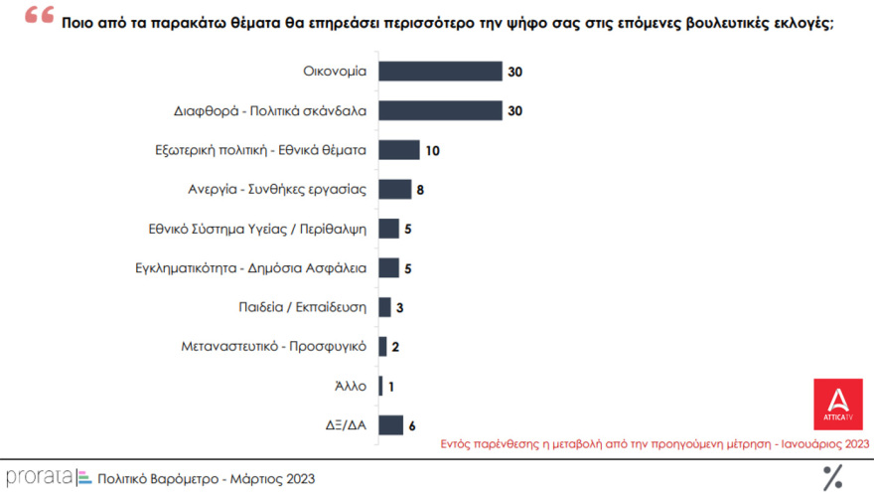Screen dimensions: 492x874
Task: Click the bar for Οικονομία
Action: click(440, 72)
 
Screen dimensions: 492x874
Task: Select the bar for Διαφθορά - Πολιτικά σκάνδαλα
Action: click(440, 110)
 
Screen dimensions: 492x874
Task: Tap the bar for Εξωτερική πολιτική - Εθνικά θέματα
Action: click(399, 150)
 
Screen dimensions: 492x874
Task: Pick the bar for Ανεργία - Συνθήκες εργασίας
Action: click(394, 189)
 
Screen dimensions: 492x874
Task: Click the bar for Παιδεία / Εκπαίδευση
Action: click(384, 307)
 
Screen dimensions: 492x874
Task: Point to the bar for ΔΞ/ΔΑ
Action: click(390, 425)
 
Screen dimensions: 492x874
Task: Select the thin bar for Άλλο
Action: click(380, 386)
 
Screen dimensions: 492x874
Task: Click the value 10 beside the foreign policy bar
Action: click(432, 151)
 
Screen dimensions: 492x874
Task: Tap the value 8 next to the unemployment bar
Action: click(421, 190)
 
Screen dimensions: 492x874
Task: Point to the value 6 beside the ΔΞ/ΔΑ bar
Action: click(412, 426)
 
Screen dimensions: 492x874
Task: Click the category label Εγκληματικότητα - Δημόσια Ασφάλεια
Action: click(251, 268)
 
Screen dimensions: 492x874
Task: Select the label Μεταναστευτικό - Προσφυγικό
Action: click(274, 347)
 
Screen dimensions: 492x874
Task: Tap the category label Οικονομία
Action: click(335, 72)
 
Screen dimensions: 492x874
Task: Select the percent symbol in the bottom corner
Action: click(832, 477)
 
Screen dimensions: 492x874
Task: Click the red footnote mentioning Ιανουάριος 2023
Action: click(655, 443)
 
